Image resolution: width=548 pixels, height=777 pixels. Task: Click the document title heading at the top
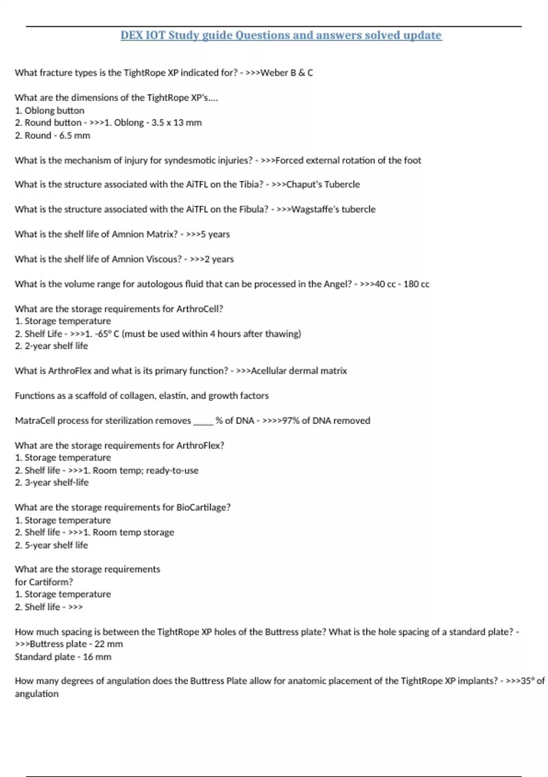pos(281,35)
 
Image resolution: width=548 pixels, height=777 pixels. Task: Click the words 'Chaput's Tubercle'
pos(323,185)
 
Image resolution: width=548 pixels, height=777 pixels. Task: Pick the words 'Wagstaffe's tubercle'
pos(333,209)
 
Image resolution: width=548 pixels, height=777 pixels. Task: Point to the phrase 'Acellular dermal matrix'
pos(299,371)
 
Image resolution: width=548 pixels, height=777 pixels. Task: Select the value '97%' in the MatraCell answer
pos(290,420)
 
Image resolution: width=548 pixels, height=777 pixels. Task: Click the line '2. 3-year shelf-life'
pos(52,483)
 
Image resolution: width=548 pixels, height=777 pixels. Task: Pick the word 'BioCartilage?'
pos(203,507)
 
